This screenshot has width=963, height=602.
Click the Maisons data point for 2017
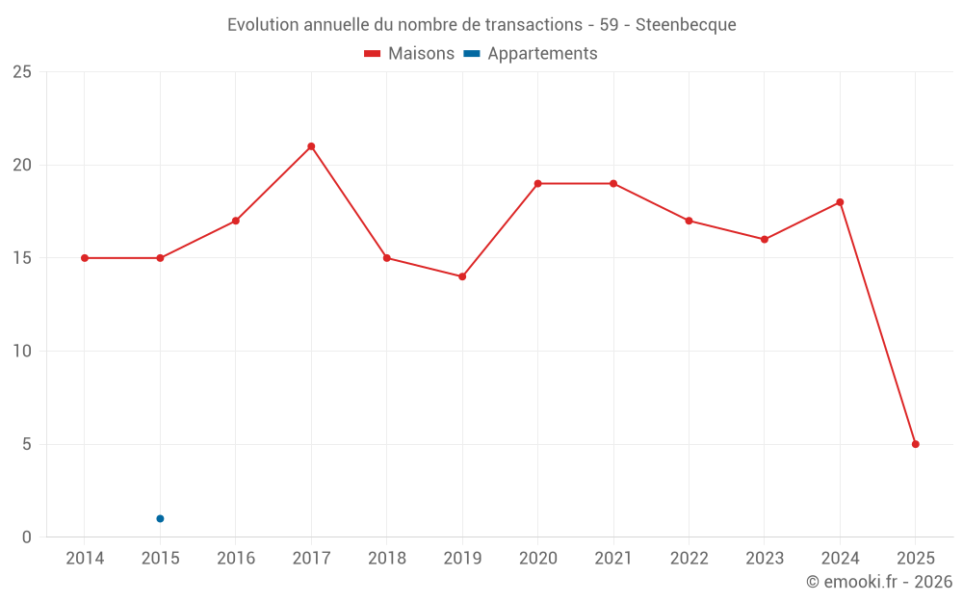(311, 146)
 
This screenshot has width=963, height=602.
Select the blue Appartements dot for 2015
(160, 518)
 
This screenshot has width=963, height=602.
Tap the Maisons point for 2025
(915, 444)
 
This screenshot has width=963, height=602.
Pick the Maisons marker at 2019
(462, 276)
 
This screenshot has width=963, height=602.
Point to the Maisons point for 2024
(840, 202)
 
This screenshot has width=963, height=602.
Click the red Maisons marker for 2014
(85, 258)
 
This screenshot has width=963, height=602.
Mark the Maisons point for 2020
(537, 183)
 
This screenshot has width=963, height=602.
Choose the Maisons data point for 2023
(765, 239)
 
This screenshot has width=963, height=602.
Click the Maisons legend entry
(409, 54)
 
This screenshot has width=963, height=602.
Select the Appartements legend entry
(531, 54)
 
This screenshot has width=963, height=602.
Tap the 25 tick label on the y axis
(22, 72)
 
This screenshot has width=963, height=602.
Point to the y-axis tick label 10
(22, 352)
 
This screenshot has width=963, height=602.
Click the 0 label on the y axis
(27, 537)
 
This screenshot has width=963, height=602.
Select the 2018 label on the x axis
(386, 559)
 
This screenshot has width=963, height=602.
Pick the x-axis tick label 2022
(689, 559)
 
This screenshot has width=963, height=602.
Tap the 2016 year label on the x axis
(235, 559)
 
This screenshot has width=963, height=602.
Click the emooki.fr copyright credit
(878, 582)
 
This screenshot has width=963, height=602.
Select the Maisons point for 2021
(613, 183)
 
